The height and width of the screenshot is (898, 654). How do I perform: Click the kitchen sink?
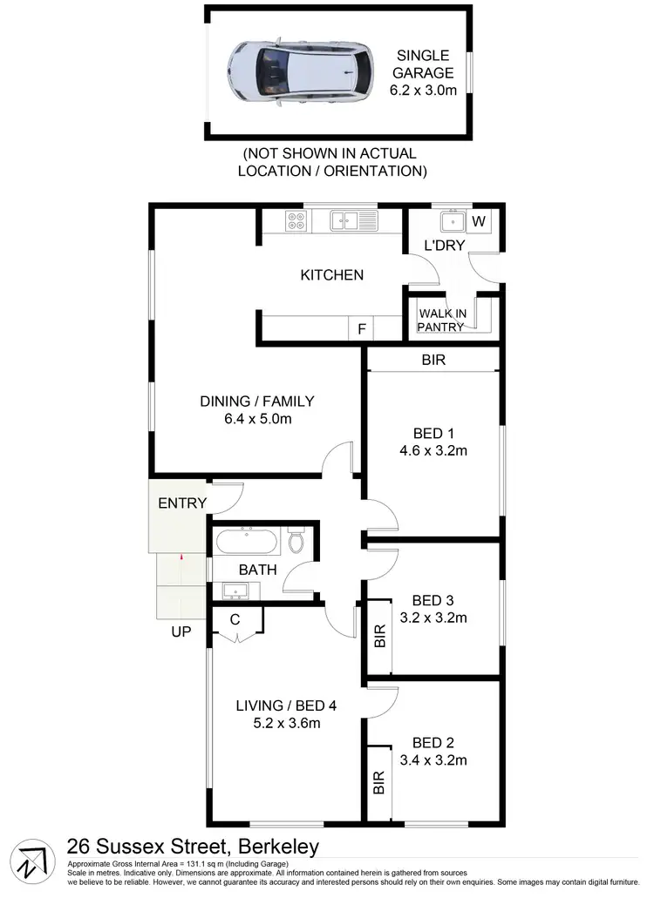tap(353, 221)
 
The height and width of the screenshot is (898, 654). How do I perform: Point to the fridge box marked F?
tap(360, 329)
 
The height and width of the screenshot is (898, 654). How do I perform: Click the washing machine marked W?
tap(479, 221)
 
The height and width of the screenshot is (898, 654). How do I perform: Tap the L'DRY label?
tap(444, 246)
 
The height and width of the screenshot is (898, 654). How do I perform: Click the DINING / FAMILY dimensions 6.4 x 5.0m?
tap(256, 419)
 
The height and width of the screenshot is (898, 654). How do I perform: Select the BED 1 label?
tap(433, 433)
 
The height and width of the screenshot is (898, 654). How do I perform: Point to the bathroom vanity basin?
tap(235, 593)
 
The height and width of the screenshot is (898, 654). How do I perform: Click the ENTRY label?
tap(182, 503)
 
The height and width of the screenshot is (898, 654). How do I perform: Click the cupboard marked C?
tap(235, 621)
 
